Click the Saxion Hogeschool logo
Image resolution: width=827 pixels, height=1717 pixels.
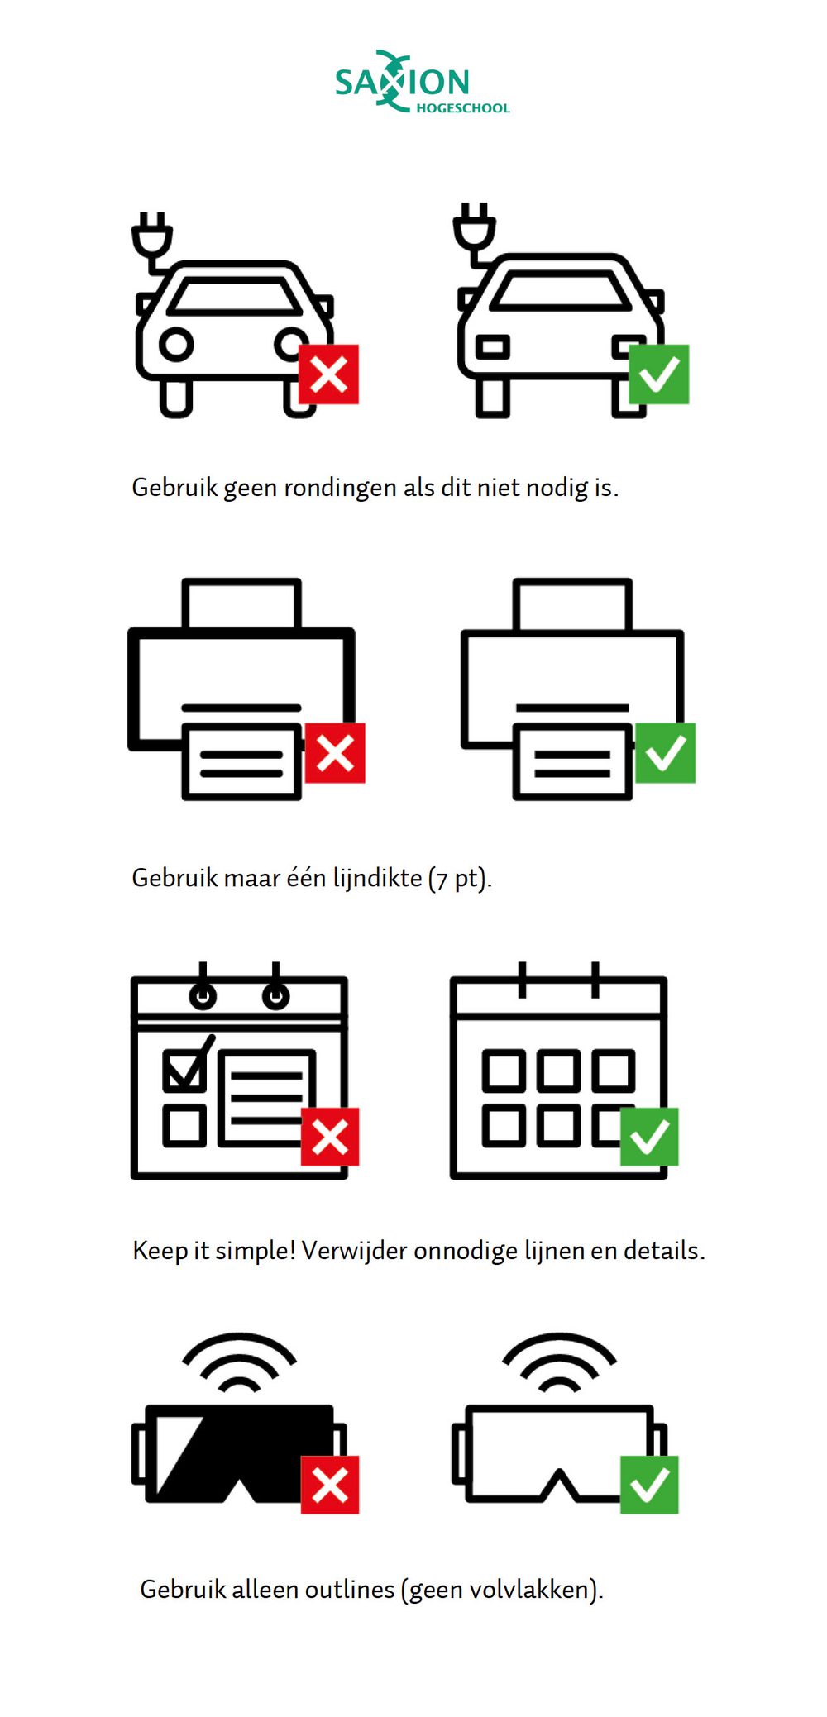point(422,81)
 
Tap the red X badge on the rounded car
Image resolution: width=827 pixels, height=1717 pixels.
point(328,374)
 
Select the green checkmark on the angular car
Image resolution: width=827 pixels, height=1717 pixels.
point(659,374)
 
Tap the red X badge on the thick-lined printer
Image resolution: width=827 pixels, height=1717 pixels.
point(335,753)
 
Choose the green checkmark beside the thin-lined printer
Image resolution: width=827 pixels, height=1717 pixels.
point(665,753)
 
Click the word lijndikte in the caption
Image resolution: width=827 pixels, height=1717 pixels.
point(377,877)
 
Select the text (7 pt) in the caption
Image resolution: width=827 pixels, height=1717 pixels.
point(460,878)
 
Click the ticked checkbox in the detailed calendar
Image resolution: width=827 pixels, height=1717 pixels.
point(185,1070)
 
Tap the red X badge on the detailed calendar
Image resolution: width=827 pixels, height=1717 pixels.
point(330,1137)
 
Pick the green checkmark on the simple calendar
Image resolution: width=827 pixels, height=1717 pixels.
point(649,1137)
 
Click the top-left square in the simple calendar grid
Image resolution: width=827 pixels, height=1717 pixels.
point(504,1071)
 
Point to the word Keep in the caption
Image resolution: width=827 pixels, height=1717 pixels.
point(160,1251)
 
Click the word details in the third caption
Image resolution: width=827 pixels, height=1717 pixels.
point(661,1250)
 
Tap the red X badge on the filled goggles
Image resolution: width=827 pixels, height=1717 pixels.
point(330,1485)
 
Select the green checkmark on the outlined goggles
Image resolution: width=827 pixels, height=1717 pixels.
point(649,1485)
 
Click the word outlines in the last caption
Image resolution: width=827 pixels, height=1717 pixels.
point(350,1589)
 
